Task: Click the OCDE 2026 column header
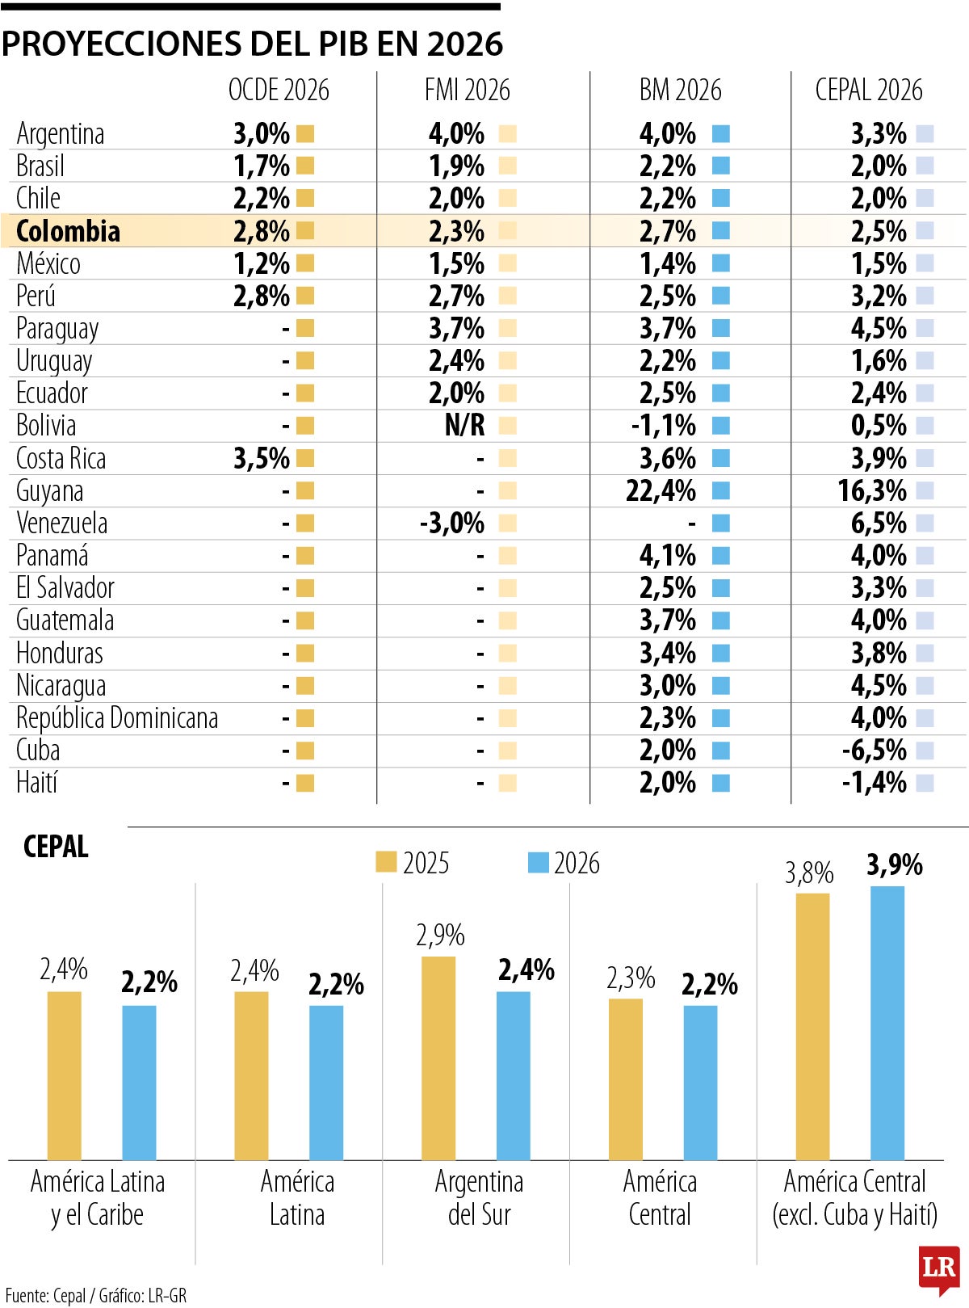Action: (279, 90)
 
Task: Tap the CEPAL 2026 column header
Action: (868, 90)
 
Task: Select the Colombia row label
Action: (68, 231)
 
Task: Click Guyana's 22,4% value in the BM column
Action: (661, 491)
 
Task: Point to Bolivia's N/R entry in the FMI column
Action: (464, 426)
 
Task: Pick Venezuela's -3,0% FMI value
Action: (452, 524)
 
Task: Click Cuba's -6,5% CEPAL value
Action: (875, 751)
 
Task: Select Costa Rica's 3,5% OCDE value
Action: (262, 459)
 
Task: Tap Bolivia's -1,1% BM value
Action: (663, 426)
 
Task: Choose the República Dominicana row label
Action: (117, 718)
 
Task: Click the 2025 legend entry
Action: (412, 863)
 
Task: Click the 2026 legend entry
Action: (564, 863)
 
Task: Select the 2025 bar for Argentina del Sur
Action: (438, 1058)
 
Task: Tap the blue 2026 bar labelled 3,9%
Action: (887, 1023)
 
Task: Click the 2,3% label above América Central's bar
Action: (630, 978)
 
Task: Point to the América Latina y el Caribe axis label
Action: (98, 1198)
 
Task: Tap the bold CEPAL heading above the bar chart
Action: (56, 847)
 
